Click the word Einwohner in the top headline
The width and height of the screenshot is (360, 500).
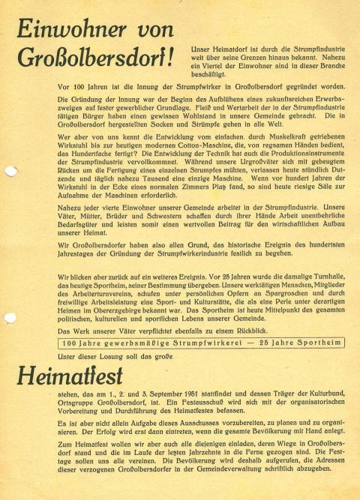65,29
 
